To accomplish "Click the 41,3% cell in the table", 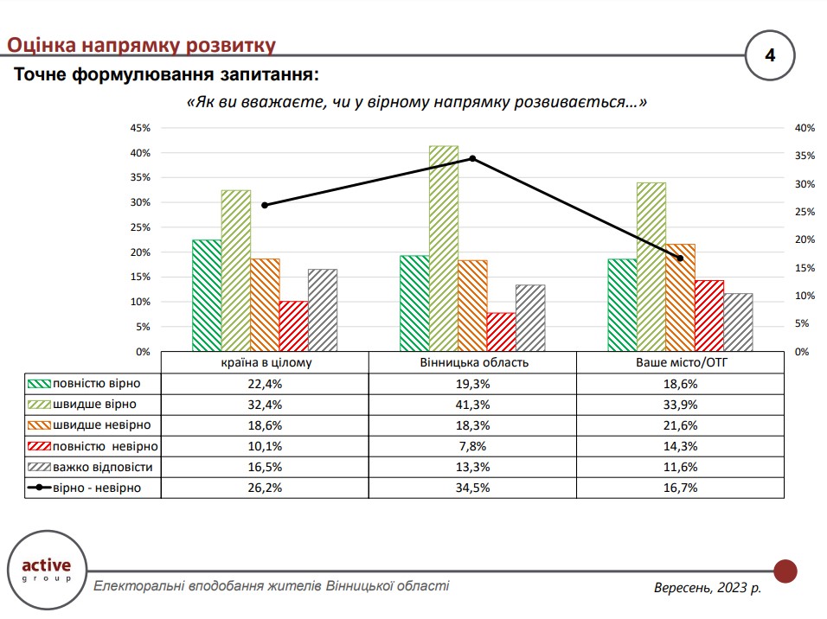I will point(472,404).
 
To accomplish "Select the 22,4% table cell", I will point(265,383).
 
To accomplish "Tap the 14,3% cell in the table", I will point(681,446).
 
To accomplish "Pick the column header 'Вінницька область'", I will point(472,362).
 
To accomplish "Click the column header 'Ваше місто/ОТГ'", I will point(681,362).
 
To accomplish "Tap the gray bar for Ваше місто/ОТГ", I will point(738,322).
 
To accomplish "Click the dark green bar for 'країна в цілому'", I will point(206,296).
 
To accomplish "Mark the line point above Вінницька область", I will point(472,158).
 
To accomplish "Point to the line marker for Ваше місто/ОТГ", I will point(680,258).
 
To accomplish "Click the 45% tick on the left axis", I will point(139,128).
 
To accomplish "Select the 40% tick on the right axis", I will point(805,128).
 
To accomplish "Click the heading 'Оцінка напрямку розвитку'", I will point(141,45).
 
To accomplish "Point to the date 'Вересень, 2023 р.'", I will point(708,588).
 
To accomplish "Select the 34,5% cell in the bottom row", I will point(472,488).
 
